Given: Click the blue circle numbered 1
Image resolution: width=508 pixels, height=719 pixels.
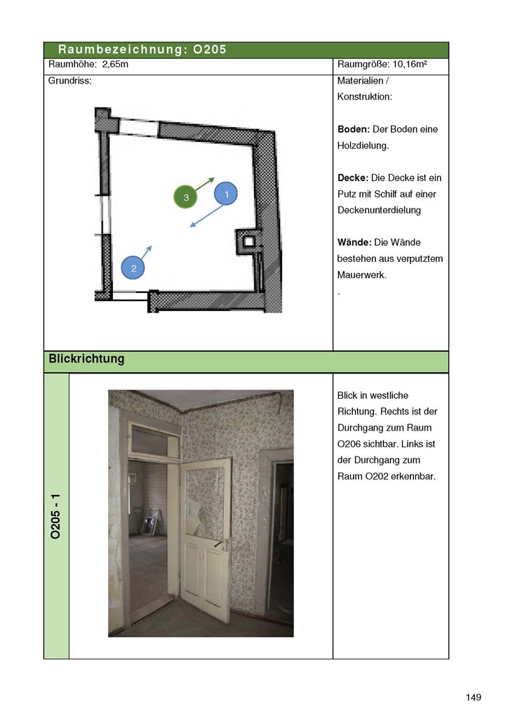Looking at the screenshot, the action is click(x=226, y=194).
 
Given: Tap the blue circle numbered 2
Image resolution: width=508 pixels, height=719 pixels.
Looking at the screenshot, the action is click(x=133, y=268).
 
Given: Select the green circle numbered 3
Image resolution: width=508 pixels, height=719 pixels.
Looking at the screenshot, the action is click(x=185, y=197).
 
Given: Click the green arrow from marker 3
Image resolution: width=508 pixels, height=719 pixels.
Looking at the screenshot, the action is click(x=204, y=185).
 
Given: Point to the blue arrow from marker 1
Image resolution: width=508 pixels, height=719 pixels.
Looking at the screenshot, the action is click(x=206, y=216).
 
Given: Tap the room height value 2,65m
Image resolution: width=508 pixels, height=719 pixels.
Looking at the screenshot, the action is click(x=115, y=64).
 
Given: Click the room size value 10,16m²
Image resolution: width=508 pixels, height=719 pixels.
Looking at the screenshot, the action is click(x=410, y=64).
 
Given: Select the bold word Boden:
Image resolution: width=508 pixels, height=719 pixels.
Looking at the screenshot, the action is click(x=353, y=129).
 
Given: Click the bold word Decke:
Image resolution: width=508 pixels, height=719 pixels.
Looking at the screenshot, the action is click(x=353, y=178).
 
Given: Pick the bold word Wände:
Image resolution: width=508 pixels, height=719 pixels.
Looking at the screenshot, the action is click(x=354, y=242).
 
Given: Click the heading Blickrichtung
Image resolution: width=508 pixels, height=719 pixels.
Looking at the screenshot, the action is click(x=86, y=359).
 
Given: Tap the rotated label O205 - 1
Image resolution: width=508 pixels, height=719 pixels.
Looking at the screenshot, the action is click(x=55, y=516).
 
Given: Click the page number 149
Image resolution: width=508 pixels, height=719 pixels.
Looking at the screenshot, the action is click(x=473, y=697).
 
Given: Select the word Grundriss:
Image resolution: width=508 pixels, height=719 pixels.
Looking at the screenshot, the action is click(x=69, y=81).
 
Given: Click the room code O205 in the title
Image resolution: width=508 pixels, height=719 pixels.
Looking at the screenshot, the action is click(x=209, y=50).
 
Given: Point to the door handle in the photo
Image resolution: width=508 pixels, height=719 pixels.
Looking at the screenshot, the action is click(x=221, y=544).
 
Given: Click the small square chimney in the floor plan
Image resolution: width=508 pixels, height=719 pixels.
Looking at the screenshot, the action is click(x=248, y=242).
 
